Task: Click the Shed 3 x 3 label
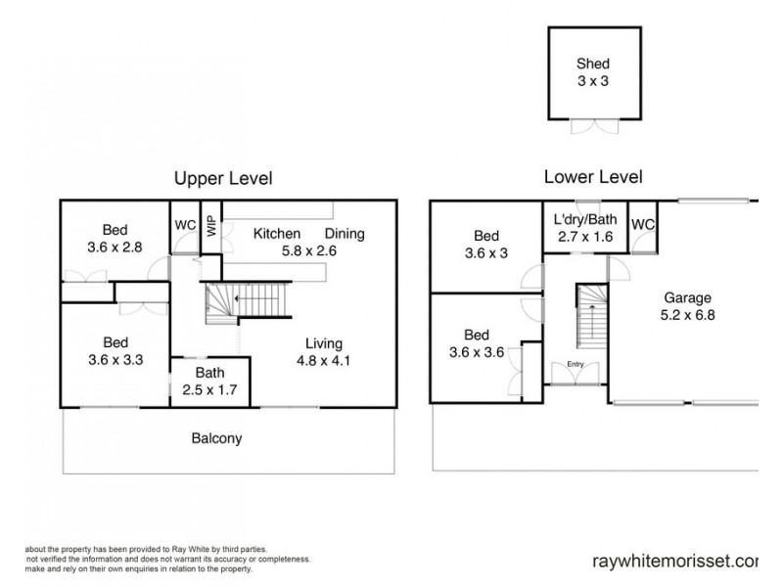[592, 72]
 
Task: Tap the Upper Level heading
[222, 178]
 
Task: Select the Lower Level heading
[593, 177]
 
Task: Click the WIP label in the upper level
[210, 225]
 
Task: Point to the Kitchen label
[277, 234]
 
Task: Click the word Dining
[344, 234]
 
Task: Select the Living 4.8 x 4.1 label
[323, 351]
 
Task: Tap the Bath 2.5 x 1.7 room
[210, 382]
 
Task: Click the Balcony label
[215, 439]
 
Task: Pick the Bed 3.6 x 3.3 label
[115, 350]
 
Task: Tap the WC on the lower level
[643, 225]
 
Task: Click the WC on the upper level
[185, 224]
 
